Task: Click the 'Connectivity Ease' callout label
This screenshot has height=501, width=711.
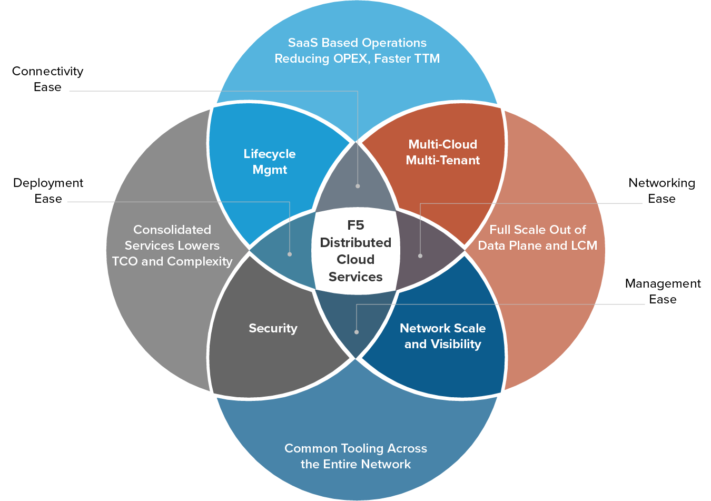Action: click(x=47, y=79)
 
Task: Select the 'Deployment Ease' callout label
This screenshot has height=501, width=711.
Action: click(x=48, y=191)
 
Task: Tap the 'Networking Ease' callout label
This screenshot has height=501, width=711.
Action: click(x=661, y=191)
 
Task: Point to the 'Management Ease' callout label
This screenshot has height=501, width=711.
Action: click(x=663, y=291)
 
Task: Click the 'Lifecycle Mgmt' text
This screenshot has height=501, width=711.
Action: click(x=270, y=162)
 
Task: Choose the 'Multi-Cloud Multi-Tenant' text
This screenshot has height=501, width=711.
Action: click(x=442, y=152)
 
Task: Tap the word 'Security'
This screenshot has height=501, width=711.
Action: click(x=273, y=328)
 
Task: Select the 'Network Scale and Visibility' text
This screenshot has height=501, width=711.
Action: click(x=442, y=336)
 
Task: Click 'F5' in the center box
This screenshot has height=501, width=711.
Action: click(x=355, y=225)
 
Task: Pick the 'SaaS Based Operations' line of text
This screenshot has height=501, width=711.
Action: click(x=357, y=43)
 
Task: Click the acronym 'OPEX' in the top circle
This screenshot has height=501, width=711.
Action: click(x=351, y=58)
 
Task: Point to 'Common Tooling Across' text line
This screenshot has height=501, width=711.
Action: click(x=355, y=448)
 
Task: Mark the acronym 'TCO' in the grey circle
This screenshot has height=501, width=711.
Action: click(x=125, y=261)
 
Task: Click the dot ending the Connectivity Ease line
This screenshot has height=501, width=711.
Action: click(x=358, y=186)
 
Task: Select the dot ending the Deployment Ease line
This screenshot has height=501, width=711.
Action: click(x=290, y=254)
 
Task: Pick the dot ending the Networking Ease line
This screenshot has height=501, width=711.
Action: click(x=420, y=256)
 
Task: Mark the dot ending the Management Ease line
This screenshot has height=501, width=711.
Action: click(x=357, y=332)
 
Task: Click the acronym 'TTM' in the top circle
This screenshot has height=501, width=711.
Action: click(x=427, y=58)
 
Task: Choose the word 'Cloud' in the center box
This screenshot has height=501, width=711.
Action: click(x=355, y=260)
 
